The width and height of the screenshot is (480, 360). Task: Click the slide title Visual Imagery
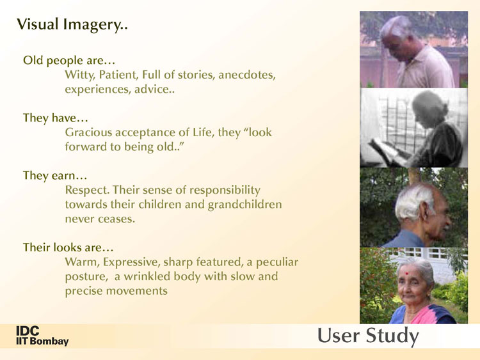[x=72, y=24]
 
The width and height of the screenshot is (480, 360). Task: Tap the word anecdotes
[x=247, y=75]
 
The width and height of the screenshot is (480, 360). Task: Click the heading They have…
[x=56, y=118]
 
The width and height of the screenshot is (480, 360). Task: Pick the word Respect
[x=87, y=191]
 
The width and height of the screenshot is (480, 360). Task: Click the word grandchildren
[x=244, y=205]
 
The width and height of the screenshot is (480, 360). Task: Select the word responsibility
[x=225, y=191]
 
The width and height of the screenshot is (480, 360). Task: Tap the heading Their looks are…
[x=68, y=247]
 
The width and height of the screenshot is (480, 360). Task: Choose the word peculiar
[x=276, y=262]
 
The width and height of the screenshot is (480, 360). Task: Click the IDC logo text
[x=28, y=331]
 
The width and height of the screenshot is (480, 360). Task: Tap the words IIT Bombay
[x=42, y=341]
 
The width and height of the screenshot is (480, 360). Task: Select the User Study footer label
[x=368, y=336]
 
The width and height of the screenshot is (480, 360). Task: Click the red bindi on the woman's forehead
[x=407, y=273]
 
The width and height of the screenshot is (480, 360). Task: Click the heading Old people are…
[x=69, y=60]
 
